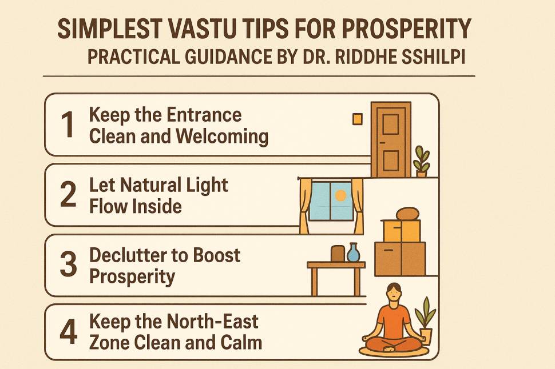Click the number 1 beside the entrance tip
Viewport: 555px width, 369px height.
coord(69,125)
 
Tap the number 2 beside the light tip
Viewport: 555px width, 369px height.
coord(69,195)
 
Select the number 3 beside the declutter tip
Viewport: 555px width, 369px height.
coord(69,265)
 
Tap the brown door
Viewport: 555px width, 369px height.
coord(391,139)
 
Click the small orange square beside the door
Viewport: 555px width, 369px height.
coord(358,119)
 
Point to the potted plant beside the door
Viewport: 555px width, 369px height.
coord(422,161)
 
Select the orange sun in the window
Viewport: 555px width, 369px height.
coord(341,196)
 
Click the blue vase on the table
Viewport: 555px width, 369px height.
coord(354,252)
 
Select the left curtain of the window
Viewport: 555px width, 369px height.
coord(305,206)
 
